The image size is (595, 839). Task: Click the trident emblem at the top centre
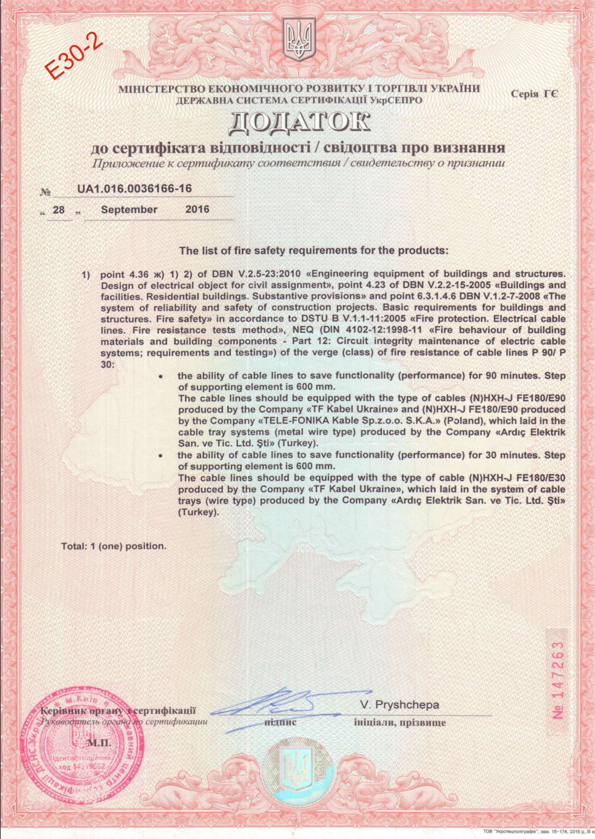298,39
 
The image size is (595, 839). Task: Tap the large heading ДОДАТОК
299,122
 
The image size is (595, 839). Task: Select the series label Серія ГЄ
534,94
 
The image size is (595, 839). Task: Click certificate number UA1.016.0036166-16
134,189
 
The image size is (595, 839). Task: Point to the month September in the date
129,209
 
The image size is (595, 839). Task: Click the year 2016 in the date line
197,209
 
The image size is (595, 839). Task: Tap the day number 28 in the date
59,210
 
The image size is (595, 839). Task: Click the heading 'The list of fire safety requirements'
313,250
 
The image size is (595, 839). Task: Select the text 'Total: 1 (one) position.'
114,546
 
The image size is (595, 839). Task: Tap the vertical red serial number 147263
558,680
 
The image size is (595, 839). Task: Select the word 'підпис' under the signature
280,722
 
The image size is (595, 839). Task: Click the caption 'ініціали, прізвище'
399,722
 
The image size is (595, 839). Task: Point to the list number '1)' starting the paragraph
86,274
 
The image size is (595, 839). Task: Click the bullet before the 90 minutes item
161,376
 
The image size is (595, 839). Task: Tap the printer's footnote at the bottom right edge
537,832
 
